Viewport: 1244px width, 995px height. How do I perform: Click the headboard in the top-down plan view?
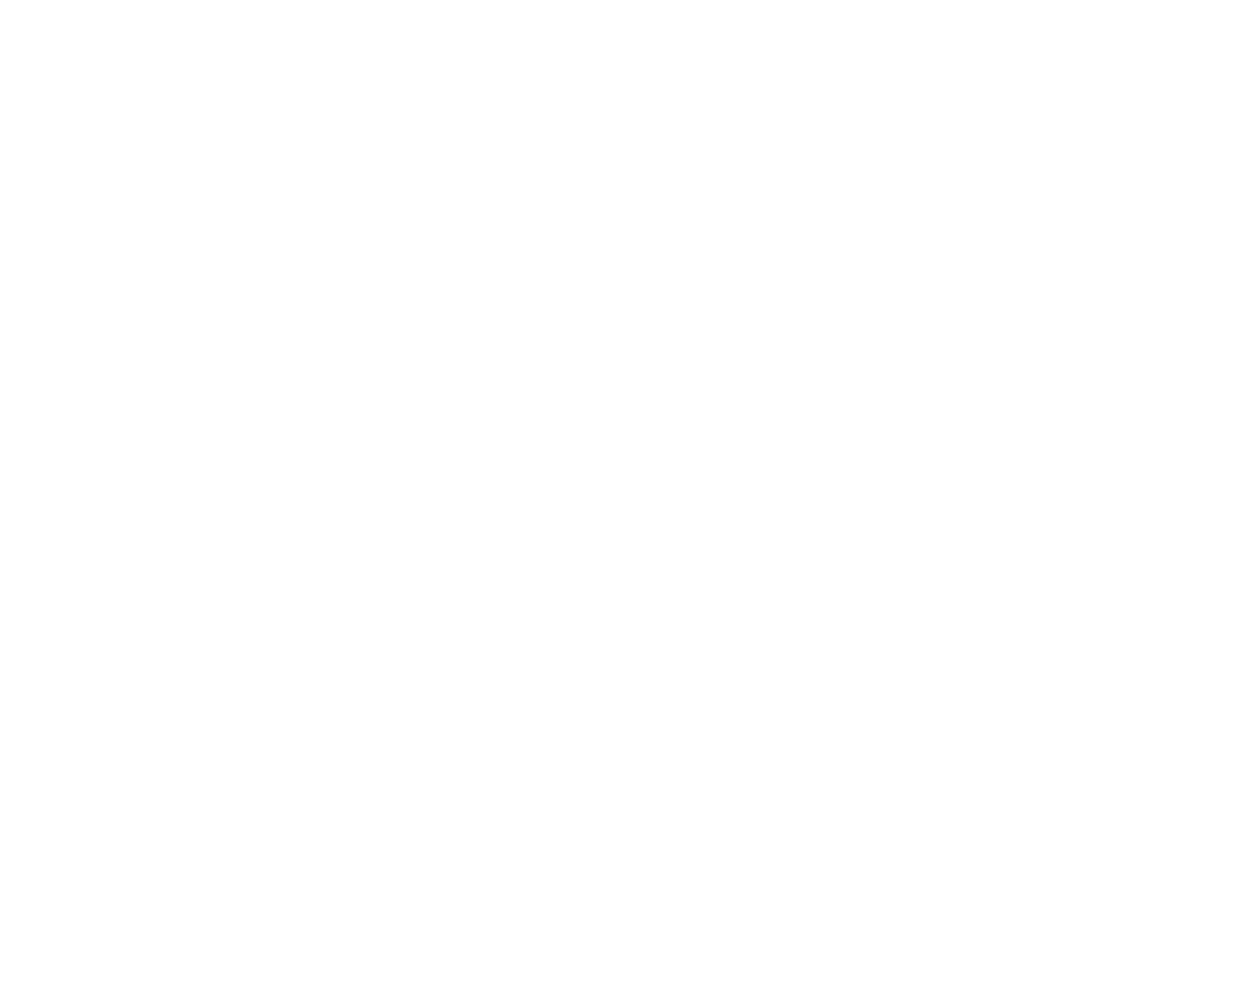point(390,431)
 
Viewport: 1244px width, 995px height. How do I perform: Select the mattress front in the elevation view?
point(391,260)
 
